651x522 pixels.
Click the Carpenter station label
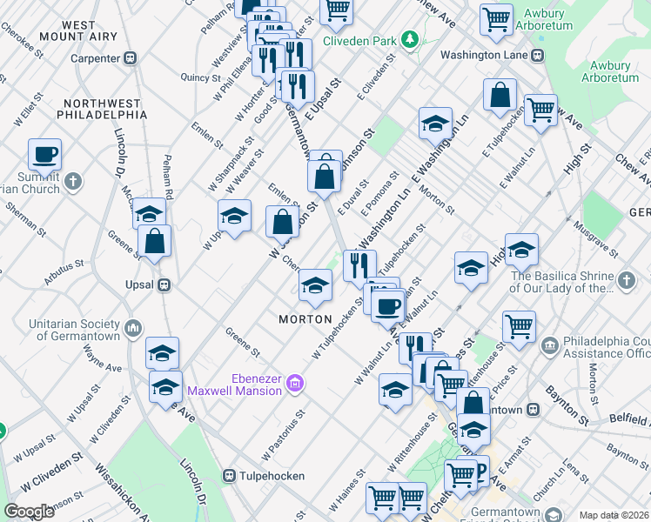click(x=96, y=58)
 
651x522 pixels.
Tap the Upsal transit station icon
click(x=162, y=284)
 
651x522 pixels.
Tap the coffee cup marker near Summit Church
click(x=44, y=157)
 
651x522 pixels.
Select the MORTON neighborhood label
click(x=306, y=319)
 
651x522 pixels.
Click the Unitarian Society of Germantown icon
click(x=133, y=328)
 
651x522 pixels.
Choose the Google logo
click(x=30, y=512)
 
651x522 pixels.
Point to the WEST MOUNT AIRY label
click(x=79, y=32)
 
